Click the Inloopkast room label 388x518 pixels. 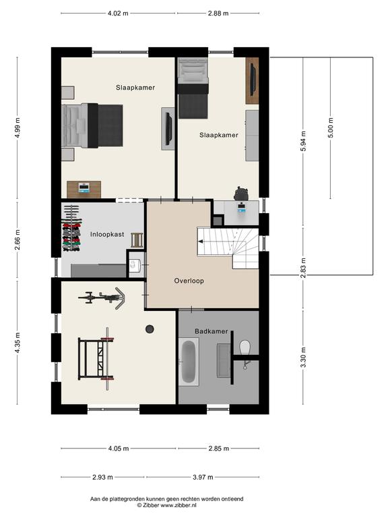(107, 234)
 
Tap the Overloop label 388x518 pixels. (189, 281)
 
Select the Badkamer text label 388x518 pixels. (211, 331)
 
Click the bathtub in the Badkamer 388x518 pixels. (189, 362)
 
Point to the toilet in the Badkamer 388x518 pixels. (245, 348)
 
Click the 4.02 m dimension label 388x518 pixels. (118, 13)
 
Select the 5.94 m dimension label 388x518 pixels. (304, 141)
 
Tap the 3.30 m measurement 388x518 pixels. (304, 357)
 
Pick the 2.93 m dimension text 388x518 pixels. (102, 477)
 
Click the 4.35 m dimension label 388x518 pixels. (18, 343)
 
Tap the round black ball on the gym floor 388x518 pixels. (150, 329)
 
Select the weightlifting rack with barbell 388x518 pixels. (96, 359)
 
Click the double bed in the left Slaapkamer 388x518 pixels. (92, 125)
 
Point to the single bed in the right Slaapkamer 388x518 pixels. (193, 88)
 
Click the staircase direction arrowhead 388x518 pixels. (200, 242)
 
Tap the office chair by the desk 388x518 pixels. (241, 194)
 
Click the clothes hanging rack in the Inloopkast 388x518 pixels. (71, 228)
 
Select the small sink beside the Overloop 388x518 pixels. (135, 264)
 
